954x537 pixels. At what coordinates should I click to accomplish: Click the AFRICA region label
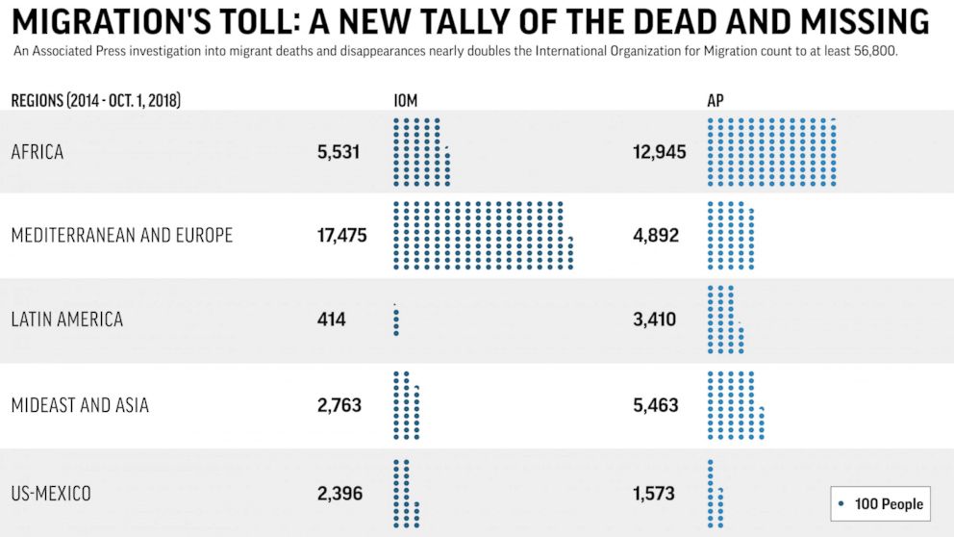click(x=37, y=152)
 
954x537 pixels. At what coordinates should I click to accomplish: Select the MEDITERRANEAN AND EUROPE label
click(x=121, y=236)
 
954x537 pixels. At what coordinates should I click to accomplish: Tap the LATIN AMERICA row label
click(x=66, y=320)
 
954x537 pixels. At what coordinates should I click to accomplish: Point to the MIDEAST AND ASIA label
click(x=80, y=405)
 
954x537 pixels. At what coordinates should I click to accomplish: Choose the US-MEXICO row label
click(x=51, y=494)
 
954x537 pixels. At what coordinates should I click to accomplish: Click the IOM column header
click(x=405, y=100)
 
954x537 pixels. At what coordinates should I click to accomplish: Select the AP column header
click(x=715, y=100)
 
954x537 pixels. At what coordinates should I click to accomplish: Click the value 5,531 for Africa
click(x=339, y=152)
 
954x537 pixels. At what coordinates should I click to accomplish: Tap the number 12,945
click(x=660, y=152)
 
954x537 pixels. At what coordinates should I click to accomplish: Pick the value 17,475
click(x=341, y=236)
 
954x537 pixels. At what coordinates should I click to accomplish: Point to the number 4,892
click(x=656, y=236)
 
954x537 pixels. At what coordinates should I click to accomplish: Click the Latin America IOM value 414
click(x=331, y=320)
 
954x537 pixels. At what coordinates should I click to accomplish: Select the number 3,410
click(x=655, y=320)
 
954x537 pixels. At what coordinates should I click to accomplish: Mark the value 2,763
click(x=339, y=405)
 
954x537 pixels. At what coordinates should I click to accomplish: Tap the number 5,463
click(x=656, y=405)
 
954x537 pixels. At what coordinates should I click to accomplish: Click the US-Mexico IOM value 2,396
click(x=339, y=494)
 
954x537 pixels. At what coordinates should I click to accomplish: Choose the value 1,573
click(x=654, y=494)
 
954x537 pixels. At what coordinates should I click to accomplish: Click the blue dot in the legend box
click(x=842, y=503)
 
